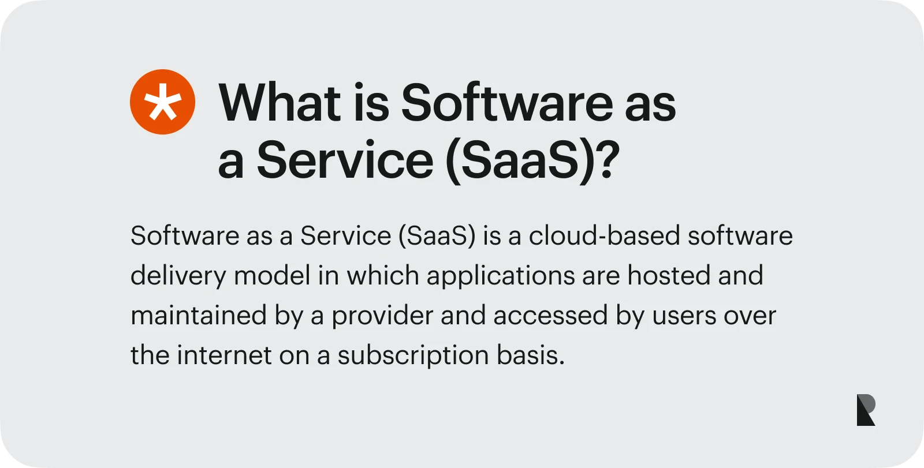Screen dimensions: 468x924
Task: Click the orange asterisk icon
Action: [x=162, y=102]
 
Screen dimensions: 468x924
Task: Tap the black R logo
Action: [x=866, y=410]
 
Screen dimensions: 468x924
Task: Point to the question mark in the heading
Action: [x=607, y=159]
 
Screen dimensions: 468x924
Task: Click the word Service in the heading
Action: [x=345, y=159]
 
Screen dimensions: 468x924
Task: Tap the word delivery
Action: [x=177, y=276]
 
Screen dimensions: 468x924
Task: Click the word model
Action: [x=272, y=275]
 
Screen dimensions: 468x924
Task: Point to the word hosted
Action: [x=669, y=275]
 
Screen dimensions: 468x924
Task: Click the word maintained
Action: [x=198, y=316]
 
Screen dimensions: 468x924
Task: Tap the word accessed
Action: [x=550, y=316]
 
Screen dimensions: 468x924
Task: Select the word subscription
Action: [x=413, y=355]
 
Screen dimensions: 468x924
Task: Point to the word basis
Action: [x=530, y=355]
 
